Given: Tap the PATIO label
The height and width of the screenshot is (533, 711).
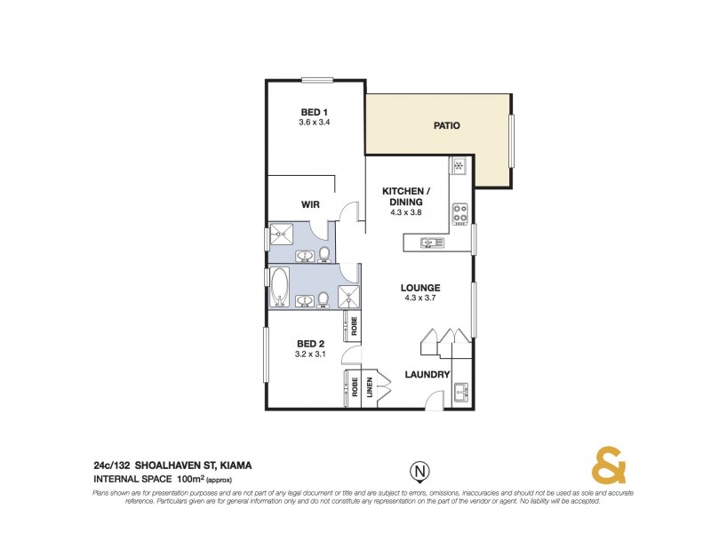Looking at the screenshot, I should [x=446, y=125].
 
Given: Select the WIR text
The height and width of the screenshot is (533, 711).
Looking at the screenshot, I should [x=310, y=204].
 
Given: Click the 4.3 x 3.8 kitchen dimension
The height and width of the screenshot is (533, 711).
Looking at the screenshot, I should [x=406, y=213].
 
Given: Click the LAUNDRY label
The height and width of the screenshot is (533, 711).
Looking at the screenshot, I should [x=427, y=375].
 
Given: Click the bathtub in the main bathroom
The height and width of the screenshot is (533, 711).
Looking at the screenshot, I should [x=280, y=287].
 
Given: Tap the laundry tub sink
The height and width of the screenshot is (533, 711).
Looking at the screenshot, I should [x=461, y=392].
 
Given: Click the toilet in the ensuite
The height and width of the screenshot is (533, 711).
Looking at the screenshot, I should [x=324, y=256].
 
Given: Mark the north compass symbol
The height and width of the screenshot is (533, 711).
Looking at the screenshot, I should [x=416, y=469].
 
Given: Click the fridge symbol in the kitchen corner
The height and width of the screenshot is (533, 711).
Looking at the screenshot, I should [x=460, y=166].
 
